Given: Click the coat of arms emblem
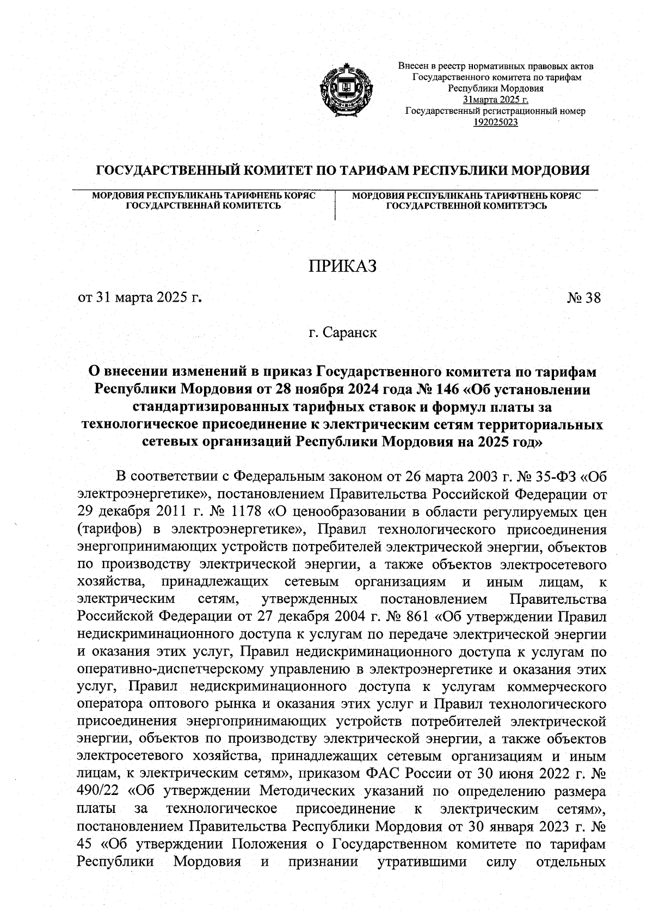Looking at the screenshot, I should point(344,89).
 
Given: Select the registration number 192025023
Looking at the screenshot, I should point(496,122).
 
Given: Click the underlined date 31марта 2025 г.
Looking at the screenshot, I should point(496,100).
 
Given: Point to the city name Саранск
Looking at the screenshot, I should point(349,332).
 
